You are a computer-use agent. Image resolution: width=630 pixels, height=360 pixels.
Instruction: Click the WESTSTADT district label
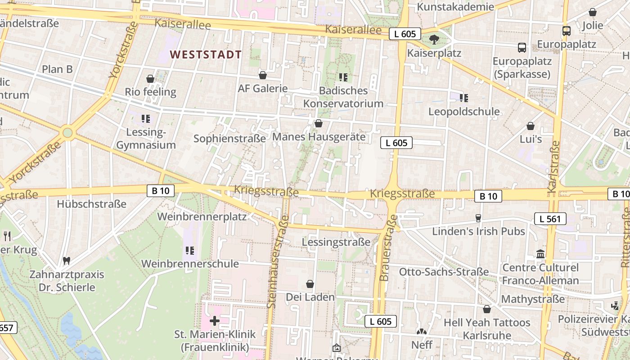click(x=206, y=55)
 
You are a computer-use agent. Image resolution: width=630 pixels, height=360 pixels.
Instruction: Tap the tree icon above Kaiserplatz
click(x=434, y=40)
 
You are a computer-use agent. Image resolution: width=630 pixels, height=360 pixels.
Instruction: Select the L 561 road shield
click(x=550, y=219)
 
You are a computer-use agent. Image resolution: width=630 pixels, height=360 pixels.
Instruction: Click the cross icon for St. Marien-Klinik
click(x=215, y=321)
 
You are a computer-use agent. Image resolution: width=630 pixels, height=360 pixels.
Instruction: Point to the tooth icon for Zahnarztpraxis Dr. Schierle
click(x=67, y=261)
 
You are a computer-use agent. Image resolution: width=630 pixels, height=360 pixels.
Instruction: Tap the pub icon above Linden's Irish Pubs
click(x=478, y=218)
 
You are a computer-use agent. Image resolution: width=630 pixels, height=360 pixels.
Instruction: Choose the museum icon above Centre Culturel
click(x=540, y=254)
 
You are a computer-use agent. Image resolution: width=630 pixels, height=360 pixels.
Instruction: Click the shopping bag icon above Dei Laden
click(x=310, y=284)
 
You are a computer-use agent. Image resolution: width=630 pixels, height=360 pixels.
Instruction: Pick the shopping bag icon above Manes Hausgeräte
click(x=319, y=123)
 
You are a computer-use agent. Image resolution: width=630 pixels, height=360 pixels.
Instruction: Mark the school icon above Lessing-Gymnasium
click(x=145, y=119)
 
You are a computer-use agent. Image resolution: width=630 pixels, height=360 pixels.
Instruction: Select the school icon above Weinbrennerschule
click(x=189, y=250)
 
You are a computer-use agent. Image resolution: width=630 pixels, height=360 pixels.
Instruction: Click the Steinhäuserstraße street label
click(x=278, y=261)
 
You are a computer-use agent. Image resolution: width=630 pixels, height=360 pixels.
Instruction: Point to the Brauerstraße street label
click(x=389, y=247)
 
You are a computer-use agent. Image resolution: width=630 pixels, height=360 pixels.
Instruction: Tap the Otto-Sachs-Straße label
click(x=444, y=272)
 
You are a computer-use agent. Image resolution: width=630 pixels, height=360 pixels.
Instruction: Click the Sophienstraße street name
click(x=229, y=139)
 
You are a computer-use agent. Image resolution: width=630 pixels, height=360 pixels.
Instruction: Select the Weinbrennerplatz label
click(x=202, y=216)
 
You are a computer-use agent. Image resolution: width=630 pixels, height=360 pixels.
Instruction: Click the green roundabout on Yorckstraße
click(x=67, y=133)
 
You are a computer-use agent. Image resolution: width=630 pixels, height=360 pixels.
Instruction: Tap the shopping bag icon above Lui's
click(x=531, y=126)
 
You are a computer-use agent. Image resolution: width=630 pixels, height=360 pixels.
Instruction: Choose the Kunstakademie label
click(x=455, y=7)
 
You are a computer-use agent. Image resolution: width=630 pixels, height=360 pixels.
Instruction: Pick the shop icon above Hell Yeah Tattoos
click(x=486, y=309)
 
